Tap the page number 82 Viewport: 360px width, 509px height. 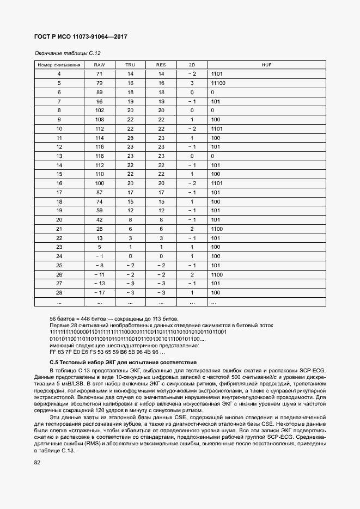tap(37, 463)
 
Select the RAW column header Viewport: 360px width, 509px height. tap(99, 65)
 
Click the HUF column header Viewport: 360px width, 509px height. tap(266, 65)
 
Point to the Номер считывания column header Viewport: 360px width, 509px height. tap(59, 65)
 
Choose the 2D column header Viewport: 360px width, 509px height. tap(192, 65)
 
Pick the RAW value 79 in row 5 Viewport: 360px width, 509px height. tap(99, 83)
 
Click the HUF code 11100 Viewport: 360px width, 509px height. tap(218, 83)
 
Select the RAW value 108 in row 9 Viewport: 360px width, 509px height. tap(99, 119)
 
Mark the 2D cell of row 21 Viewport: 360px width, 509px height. tap(192, 229)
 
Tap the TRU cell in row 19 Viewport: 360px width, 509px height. tap(130, 210)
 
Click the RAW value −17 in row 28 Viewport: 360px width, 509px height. tap(99, 292)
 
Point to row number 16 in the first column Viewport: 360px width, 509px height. tap(59, 183)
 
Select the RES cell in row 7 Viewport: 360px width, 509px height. tap(161, 101)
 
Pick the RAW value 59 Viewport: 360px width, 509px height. tap(99, 210)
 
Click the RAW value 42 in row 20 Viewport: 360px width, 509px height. tap(99, 219)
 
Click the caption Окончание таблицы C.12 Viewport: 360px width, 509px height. tap(68, 53)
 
